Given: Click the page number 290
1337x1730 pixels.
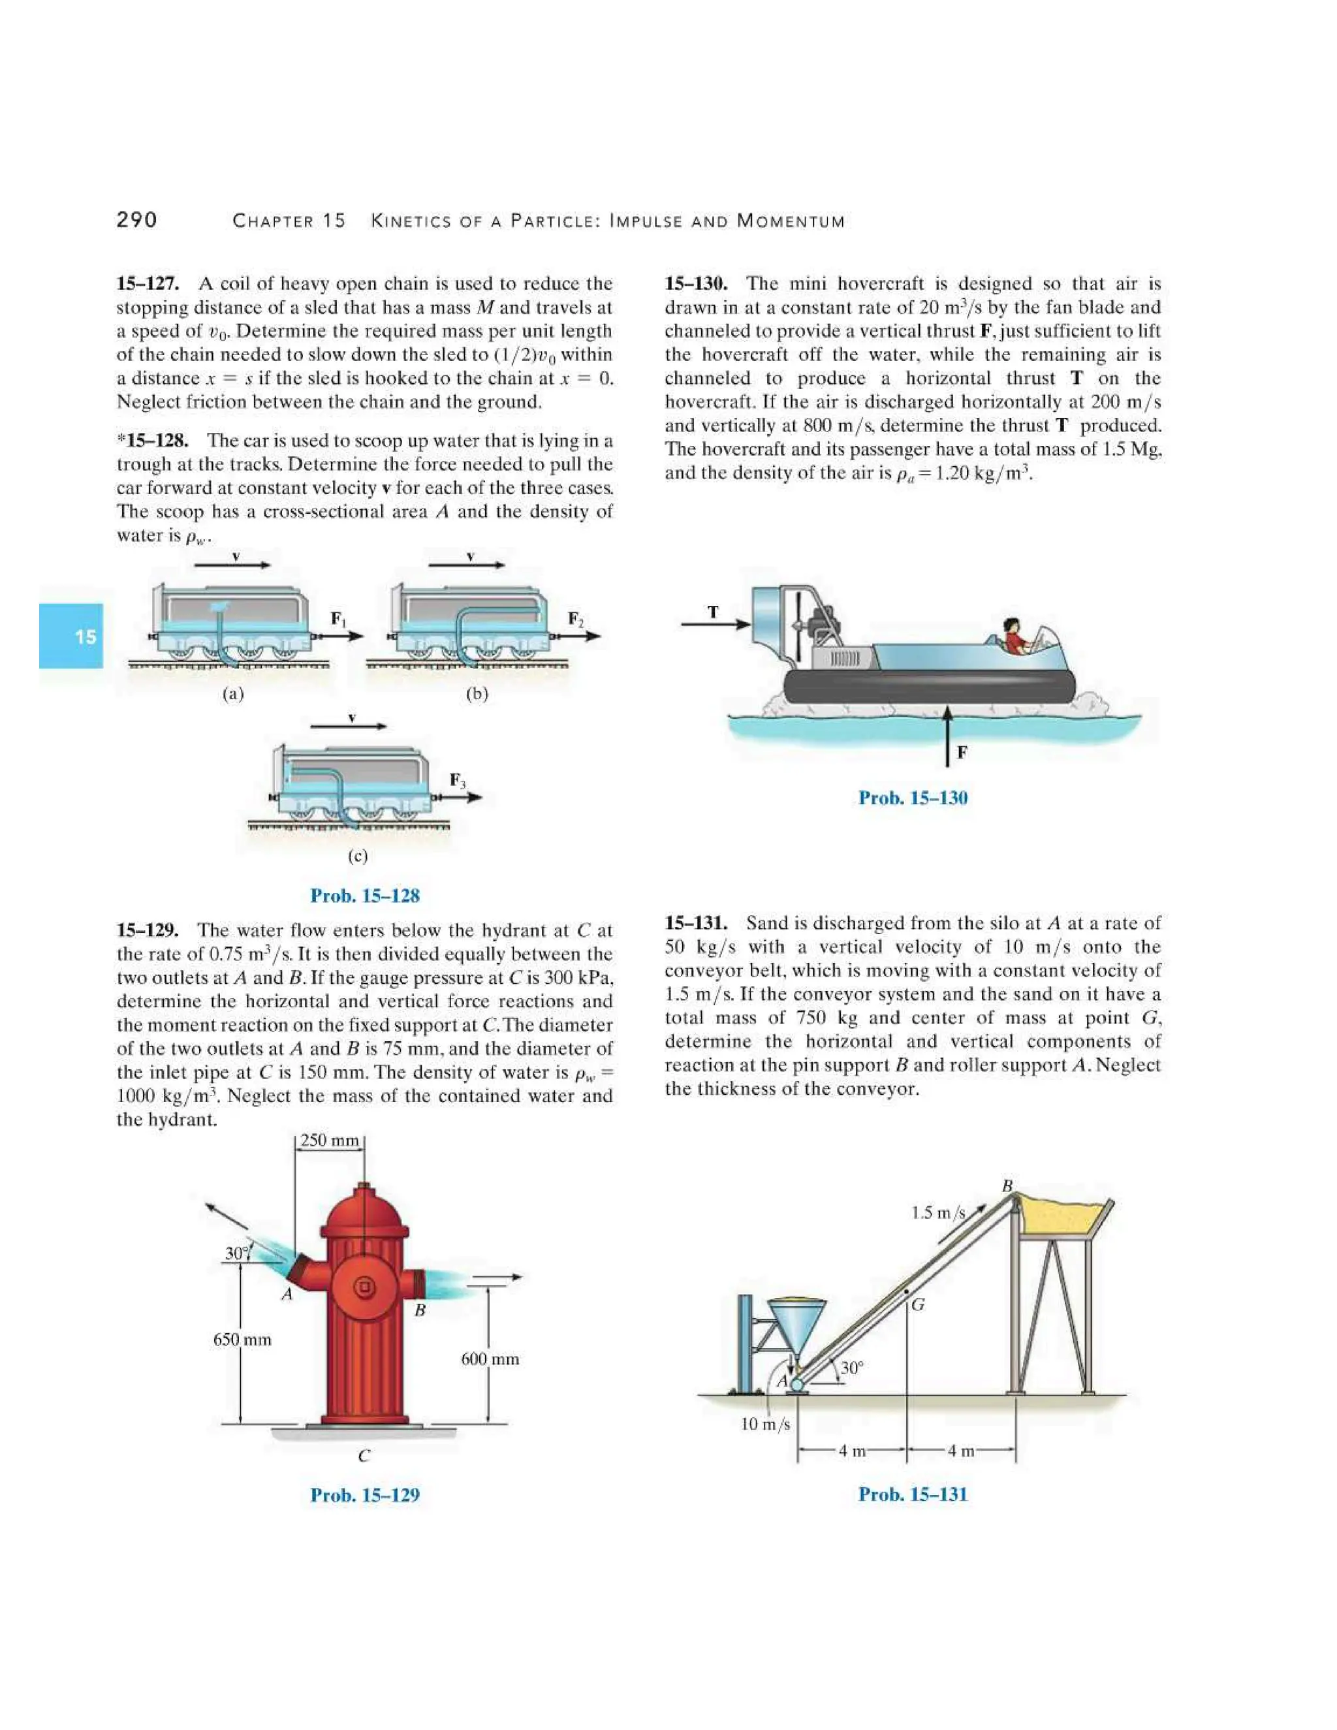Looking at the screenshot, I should pyautogui.click(x=137, y=219).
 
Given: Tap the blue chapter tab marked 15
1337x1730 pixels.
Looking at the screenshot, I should pyautogui.click(x=71, y=636).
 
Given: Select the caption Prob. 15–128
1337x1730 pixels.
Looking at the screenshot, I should pyautogui.click(x=364, y=896).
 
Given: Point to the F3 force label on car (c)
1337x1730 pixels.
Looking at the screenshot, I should pyautogui.click(x=458, y=780).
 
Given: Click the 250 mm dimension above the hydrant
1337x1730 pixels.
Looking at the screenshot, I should pyautogui.click(x=330, y=1140).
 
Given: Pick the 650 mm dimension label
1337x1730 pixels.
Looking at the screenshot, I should pyautogui.click(x=242, y=1340).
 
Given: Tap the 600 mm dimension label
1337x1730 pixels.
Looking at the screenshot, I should pyautogui.click(x=490, y=1359).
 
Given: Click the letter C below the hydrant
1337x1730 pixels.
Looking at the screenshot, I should pyautogui.click(x=364, y=1456).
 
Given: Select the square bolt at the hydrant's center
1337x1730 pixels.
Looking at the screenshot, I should pyautogui.click(x=364, y=1287).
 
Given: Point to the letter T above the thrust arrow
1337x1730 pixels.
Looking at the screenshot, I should pyautogui.click(x=714, y=611).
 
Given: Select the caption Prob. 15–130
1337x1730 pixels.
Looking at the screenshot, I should pyautogui.click(x=913, y=798).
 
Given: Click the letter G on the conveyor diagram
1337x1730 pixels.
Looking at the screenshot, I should pyautogui.click(x=917, y=1304).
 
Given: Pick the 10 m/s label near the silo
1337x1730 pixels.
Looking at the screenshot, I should pyautogui.click(x=765, y=1424).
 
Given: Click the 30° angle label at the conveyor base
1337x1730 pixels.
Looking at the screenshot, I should pyautogui.click(x=851, y=1368).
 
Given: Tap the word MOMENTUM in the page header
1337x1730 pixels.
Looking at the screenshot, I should pyautogui.click(x=791, y=221).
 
